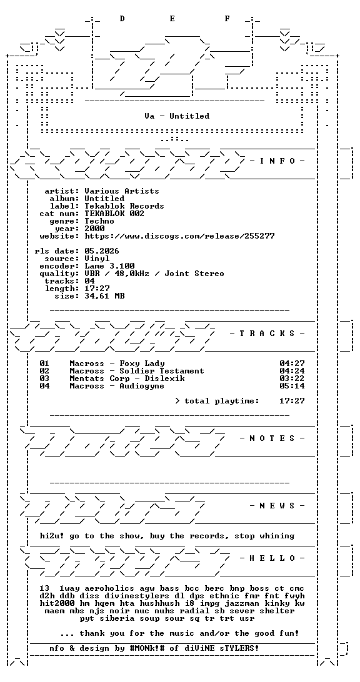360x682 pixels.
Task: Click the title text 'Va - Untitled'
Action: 177,116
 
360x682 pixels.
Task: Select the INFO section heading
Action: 277,161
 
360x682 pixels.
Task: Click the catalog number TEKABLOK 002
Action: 114,214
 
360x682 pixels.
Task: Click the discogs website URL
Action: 179,236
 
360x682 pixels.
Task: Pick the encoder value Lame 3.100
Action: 109,266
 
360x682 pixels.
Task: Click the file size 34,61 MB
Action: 104,296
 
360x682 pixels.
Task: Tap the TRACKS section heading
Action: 267,334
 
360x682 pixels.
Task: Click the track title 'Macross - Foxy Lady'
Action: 117,363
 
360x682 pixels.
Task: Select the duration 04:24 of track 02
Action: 292,371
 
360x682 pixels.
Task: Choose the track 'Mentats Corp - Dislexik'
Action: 127,378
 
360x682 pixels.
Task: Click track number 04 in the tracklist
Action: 44,386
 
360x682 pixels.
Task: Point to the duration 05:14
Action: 292,386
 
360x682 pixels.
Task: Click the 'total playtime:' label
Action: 222,401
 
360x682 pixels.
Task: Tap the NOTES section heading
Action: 272,438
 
